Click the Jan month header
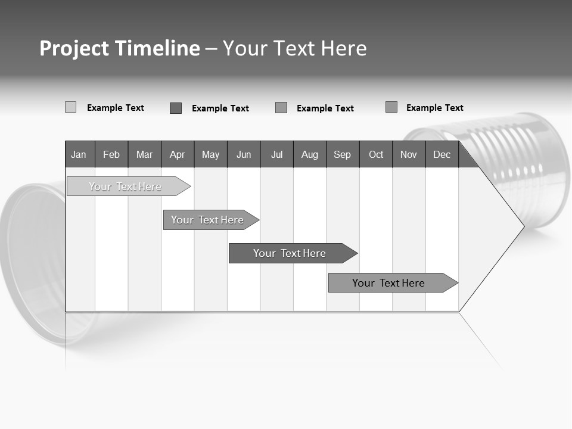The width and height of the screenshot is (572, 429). coord(79,154)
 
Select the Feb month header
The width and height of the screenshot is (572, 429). coord(111,154)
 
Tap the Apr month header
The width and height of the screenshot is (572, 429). coord(178,154)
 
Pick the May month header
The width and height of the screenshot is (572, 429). coord(210,154)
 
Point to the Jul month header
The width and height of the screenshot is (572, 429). coord(276,154)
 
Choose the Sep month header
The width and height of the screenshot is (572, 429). coord(343,154)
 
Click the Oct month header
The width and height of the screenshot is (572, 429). coord(376,154)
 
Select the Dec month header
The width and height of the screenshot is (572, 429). coord(442,154)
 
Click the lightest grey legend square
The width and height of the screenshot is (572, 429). coord(70,107)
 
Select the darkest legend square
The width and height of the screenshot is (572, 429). coord(176,108)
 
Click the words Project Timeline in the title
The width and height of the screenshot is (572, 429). coord(119,48)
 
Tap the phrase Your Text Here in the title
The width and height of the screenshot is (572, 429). coord(295,48)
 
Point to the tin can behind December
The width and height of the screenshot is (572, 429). coord(524,161)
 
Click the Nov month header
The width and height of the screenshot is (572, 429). coord(409,154)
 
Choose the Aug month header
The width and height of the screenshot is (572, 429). coord(310,154)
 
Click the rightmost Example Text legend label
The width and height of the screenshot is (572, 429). coord(434,108)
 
